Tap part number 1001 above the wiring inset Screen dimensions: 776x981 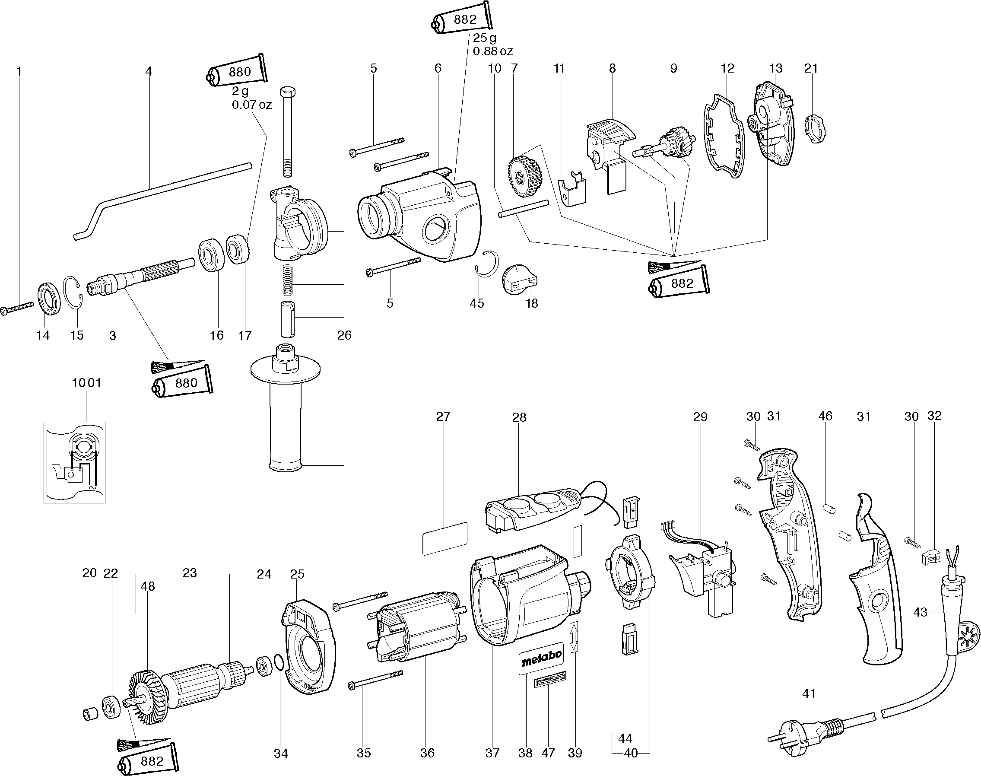(86, 383)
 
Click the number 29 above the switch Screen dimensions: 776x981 (700, 417)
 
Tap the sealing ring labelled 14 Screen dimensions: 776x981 (48, 298)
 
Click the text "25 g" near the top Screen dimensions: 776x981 (485, 38)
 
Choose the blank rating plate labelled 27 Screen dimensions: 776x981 (444, 538)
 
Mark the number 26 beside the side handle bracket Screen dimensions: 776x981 (344, 335)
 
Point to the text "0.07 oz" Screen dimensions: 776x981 (251, 105)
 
